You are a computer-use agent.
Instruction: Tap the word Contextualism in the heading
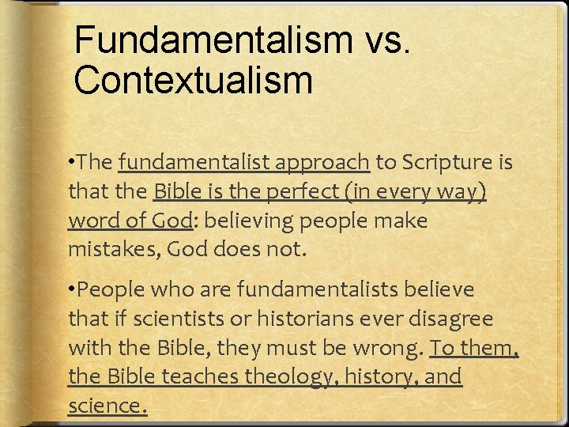pyautogui.click(x=193, y=79)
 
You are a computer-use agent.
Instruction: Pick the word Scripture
pyautogui.click(x=446, y=163)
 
